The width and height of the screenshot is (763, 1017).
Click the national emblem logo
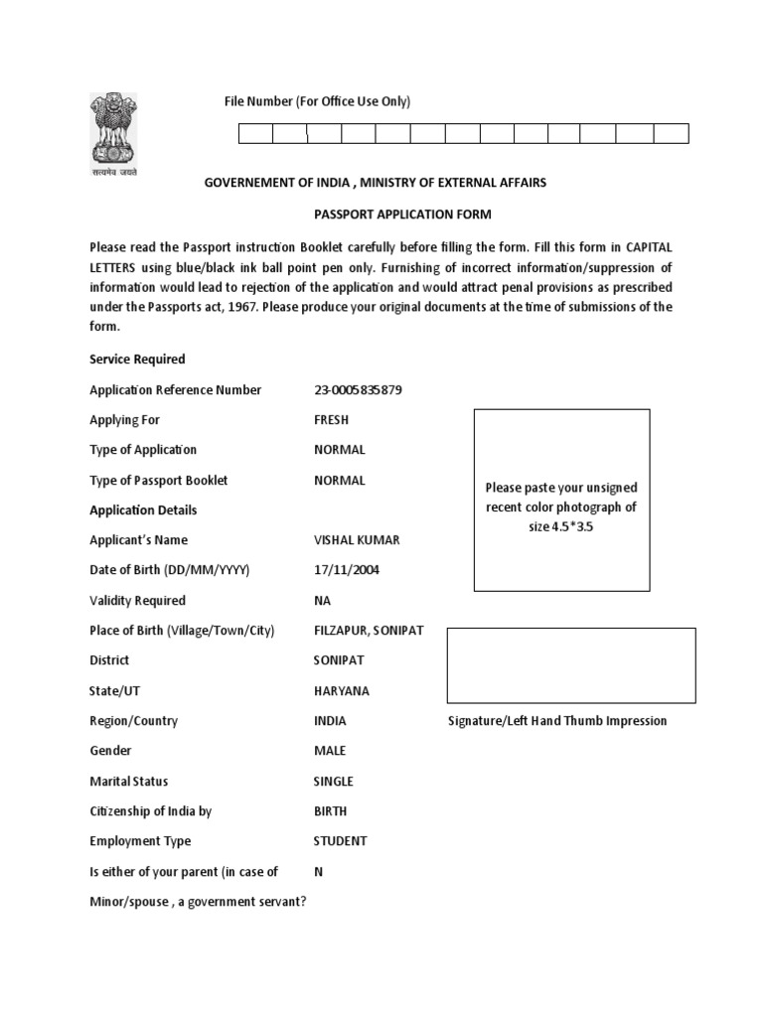click(x=112, y=132)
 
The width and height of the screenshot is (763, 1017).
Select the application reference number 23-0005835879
click(x=358, y=390)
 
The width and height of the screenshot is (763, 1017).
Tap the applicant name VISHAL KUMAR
click(x=355, y=540)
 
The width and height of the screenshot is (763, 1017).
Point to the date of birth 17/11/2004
click(x=346, y=570)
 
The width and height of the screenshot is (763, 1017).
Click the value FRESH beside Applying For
click(x=331, y=420)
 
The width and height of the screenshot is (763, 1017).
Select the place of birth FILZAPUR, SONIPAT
click(x=368, y=631)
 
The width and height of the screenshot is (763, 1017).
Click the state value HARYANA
click(x=341, y=690)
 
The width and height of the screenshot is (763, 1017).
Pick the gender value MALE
click(x=330, y=751)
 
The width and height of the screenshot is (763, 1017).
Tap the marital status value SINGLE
click(x=333, y=781)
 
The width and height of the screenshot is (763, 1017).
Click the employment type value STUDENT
click(x=340, y=841)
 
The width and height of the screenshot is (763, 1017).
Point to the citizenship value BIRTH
click(x=331, y=811)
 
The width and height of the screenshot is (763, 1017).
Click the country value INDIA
click(x=330, y=721)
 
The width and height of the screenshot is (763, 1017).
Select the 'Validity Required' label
click(x=137, y=601)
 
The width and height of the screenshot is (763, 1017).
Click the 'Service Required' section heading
click(x=137, y=360)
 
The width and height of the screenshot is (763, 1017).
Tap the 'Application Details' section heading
click(x=143, y=510)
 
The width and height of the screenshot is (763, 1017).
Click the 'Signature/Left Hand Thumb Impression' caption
click(x=556, y=721)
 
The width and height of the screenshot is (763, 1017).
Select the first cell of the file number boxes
click(x=255, y=134)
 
